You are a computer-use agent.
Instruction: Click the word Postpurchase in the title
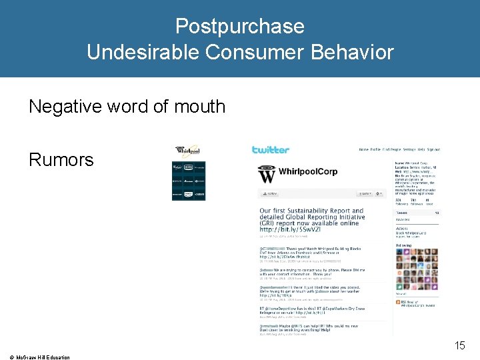[x=240, y=27]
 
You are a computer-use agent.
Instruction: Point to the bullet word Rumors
[x=61, y=160]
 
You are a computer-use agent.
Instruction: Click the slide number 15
[x=459, y=345]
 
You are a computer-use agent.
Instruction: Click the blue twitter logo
[x=271, y=150]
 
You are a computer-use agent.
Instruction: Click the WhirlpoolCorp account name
[x=308, y=172]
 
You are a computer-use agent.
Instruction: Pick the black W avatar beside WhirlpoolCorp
[x=267, y=175]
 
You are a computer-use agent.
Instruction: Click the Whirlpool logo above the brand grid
[x=187, y=151]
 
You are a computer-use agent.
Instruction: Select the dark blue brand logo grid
[x=189, y=180]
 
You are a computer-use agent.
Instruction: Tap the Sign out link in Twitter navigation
[x=433, y=150]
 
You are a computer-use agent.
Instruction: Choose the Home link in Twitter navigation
[x=363, y=150]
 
